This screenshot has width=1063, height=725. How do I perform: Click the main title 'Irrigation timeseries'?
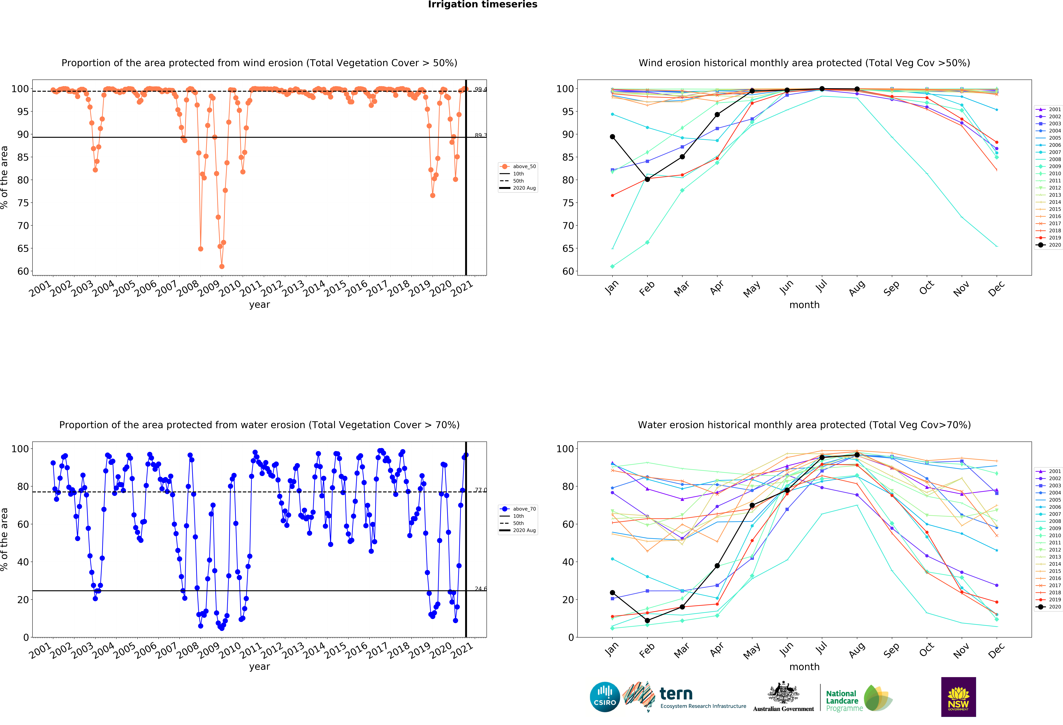pyautogui.click(x=483, y=5)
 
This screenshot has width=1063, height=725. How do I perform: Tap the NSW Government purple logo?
pyautogui.click(x=958, y=697)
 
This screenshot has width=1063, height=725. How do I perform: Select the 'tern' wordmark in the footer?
pyautogui.click(x=676, y=694)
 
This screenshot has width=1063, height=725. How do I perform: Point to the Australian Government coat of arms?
pyautogui.click(x=784, y=693)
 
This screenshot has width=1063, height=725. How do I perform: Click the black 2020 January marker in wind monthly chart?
pyautogui.click(x=612, y=137)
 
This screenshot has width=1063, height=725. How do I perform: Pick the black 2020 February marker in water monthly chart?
pyautogui.click(x=647, y=621)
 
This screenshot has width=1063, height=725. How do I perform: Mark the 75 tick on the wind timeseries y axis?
pyautogui.click(x=23, y=203)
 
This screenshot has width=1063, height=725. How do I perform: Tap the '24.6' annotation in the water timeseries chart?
pyautogui.click(x=480, y=589)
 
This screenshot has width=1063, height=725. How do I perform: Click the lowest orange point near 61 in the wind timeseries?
pyautogui.click(x=222, y=266)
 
